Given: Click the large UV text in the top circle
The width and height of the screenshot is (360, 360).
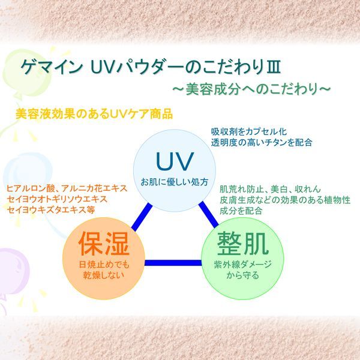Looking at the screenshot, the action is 174,161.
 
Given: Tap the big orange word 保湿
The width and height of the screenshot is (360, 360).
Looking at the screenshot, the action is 104,243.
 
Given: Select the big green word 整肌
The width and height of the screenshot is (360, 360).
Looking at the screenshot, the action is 243,243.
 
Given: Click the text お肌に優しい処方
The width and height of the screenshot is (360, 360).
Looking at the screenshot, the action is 174,182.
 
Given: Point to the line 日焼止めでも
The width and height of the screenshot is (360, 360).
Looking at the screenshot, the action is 104,265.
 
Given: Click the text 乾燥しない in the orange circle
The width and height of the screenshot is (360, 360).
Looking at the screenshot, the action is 104,275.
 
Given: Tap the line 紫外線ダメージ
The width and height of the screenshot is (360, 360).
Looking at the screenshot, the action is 242,265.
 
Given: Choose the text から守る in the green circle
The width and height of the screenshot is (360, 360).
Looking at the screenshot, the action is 242,275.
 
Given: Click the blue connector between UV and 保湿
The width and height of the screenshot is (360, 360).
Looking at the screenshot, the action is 142,217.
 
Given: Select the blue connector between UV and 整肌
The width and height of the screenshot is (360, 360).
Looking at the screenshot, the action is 208,215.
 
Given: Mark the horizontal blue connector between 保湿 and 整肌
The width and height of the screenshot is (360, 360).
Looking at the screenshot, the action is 173,263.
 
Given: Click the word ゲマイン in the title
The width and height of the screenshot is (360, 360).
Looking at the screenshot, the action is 52,67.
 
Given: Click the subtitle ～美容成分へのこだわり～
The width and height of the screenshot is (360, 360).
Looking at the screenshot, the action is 251,89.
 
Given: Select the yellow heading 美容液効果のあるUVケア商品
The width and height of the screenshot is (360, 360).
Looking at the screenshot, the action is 94,113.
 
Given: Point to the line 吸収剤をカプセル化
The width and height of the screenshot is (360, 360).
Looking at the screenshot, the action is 249,131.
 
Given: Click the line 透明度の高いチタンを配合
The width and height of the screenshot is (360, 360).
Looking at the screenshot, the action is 262,142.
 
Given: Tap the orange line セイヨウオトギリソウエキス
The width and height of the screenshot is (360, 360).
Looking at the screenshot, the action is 57,199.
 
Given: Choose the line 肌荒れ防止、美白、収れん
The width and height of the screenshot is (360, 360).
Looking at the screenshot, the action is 270,189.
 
